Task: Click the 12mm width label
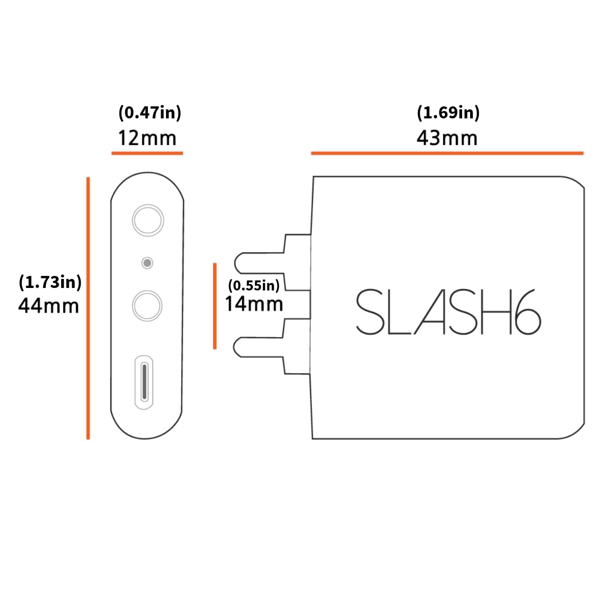click(x=147, y=137)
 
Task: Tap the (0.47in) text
click(x=149, y=112)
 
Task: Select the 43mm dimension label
click(x=447, y=137)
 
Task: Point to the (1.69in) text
click(x=448, y=112)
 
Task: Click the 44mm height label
click(x=49, y=306)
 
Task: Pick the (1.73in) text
click(x=50, y=282)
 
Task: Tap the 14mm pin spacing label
click(x=254, y=304)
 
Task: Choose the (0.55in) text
click(x=253, y=285)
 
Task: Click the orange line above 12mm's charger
click(x=147, y=153)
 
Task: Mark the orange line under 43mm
click(x=447, y=153)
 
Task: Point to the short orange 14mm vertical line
click(x=215, y=306)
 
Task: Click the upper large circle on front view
click(x=147, y=220)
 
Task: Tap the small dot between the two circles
click(x=147, y=263)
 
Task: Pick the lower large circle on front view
click(x=147, y=306)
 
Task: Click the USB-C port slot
click(x=144, y=381)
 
